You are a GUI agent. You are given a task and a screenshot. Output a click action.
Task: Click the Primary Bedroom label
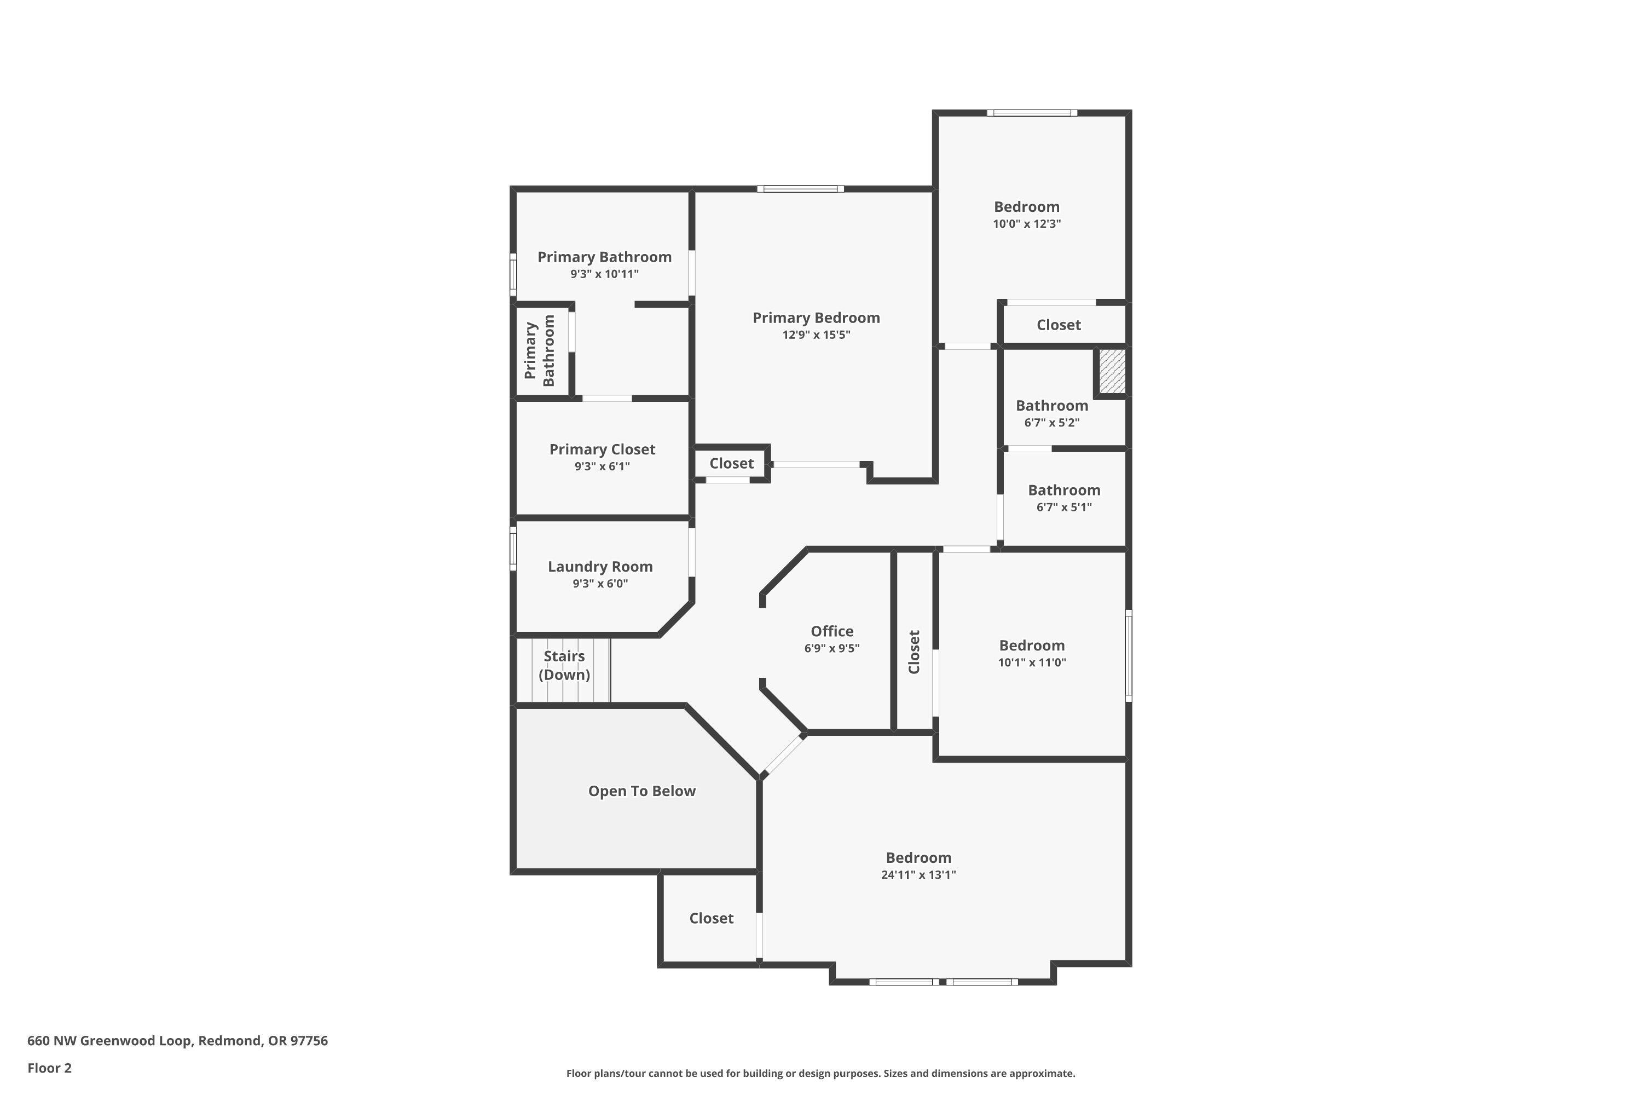pyautogui.click(x=816, y=318)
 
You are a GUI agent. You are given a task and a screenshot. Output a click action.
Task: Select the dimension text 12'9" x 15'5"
pyautogui.click(x=816, y=335)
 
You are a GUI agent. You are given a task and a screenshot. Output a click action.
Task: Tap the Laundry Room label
pyautogui.click(x=600, y=566)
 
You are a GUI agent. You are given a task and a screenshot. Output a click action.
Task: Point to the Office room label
pyautogui.click(x=831, y=631)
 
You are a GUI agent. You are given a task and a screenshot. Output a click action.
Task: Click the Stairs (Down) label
pyautogui.click(x=564, y=665)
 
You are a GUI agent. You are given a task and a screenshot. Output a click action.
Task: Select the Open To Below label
pyautogui.click(x=641, y=791)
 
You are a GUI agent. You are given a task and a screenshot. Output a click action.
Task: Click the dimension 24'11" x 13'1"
pyautogui.click(x=918, y=875)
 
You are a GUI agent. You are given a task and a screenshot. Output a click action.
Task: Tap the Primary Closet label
pyautogui.click(x=602, y=449)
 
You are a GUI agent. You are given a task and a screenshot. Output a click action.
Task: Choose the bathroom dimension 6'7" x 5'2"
pyautogui.click(x=1051, y=423)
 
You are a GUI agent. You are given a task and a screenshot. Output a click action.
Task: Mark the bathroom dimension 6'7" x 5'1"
pyautogui.click(x=1063, y=507)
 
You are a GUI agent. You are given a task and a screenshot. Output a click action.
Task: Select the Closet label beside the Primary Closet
pyautogui.click(x=731, y=463)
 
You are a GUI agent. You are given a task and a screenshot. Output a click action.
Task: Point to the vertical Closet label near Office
pyautogui.click(x=914, y=652)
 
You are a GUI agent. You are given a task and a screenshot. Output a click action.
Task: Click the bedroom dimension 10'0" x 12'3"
pyautogui.click(x=1026, y=224)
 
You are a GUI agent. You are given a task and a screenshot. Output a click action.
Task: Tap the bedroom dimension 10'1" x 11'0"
pyautogui.click(x=1031, y=662)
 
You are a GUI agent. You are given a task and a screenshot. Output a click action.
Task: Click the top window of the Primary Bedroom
pyautogui.click(x=800, y=188)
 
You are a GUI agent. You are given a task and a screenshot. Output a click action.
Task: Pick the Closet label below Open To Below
pyautogui.click(x=710, y=918)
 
